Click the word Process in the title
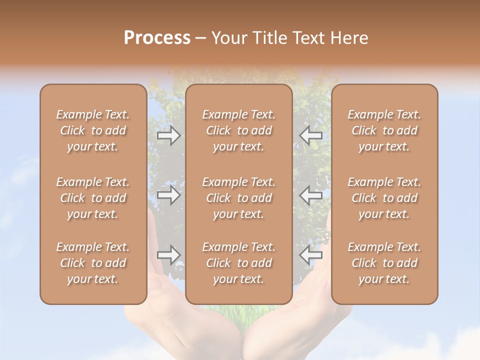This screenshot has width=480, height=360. point(157,38)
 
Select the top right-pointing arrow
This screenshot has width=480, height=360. point(169,135)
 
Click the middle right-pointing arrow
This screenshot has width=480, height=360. point(169,195)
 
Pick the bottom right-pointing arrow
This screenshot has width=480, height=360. point(169,255)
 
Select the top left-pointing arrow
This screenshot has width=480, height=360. point(310,135)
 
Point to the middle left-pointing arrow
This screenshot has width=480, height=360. point(310,195)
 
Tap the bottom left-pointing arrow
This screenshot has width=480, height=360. point(310,255)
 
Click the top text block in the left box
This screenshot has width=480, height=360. point(93,130)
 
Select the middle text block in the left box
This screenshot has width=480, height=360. point(93,198)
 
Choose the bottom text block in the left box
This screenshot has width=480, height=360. point(93,263)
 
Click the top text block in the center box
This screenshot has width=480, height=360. point(239,130)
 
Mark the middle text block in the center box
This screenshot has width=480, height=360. point(239,198)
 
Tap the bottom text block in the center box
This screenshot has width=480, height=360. point(239,263)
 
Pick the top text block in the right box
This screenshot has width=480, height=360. point(384,130)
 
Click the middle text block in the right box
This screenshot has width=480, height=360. point(384,198)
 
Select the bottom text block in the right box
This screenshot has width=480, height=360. point(384,263)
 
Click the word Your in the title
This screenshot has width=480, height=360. point(228,38)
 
